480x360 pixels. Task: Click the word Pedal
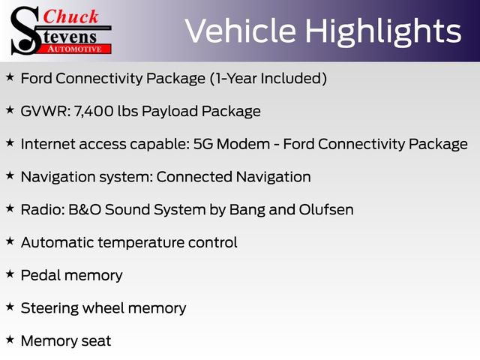click(x=40, y=275)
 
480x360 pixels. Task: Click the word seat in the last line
click(x=95, y=341)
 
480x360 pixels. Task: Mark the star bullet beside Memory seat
click(x=9, y=340)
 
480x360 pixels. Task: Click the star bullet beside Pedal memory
click(x=9, y=274)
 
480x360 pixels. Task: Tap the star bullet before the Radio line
click(x=9, y=208)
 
